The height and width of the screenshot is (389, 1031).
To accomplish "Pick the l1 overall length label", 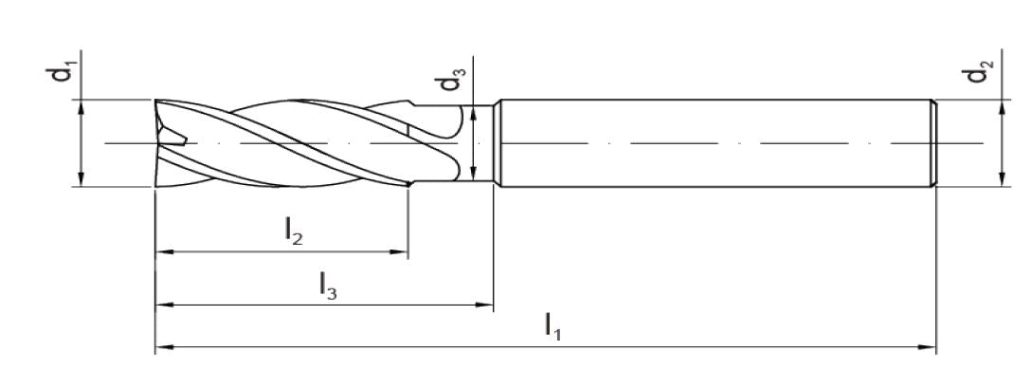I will pos(552,326).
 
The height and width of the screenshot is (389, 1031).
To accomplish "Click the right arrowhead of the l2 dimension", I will pos(401,253).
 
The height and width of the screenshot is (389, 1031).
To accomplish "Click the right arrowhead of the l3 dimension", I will pos(486,306).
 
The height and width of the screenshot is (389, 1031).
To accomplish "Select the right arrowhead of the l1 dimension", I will pos(929,349).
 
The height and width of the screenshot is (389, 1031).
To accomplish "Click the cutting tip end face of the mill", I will pos(159,142).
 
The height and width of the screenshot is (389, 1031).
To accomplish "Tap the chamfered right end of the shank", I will pos(935,142).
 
